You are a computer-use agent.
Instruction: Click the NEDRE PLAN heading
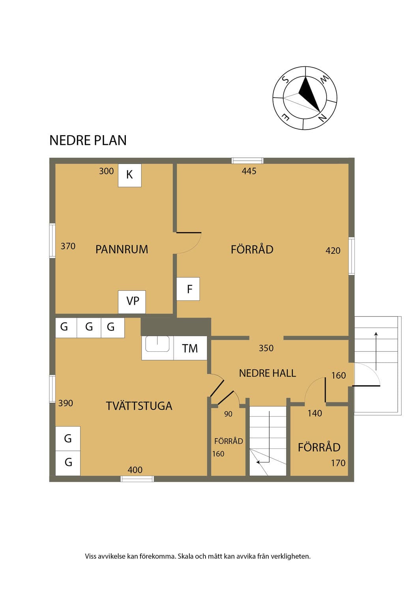(88, 140)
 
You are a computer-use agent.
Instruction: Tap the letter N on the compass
(322, 118)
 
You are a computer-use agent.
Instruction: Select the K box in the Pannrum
(130, 175)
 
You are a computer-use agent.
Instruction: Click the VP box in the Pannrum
(132, 302)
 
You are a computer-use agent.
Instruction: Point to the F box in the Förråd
(188, 288)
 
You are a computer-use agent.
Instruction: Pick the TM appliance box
(190, 348)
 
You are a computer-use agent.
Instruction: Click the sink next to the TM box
(157, 344)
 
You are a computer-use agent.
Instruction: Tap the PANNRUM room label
(122, 249)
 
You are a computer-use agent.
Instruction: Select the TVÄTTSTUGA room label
(139, 406)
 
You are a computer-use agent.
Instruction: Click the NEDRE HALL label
(267, 373)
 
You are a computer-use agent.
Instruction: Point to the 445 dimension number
(249, 171)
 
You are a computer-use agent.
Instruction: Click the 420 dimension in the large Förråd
(333, 251)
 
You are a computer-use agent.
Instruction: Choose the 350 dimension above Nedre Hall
(266, 348)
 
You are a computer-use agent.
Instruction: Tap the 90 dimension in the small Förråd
(228, 414)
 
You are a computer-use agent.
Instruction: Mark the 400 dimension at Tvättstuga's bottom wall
(135, 469)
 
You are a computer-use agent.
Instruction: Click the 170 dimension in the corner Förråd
(338, 463)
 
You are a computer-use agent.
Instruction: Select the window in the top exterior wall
(247, 161)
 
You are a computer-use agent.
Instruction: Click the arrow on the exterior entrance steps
(376, 351)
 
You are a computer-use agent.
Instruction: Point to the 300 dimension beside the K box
(107, 171)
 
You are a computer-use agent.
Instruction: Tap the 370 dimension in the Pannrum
(68, 246)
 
